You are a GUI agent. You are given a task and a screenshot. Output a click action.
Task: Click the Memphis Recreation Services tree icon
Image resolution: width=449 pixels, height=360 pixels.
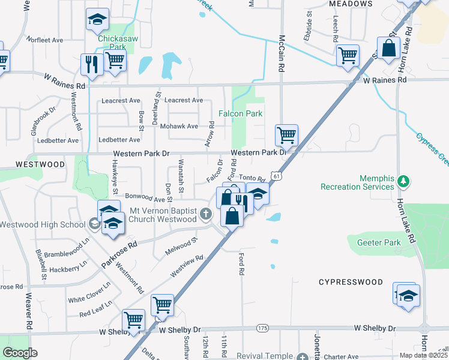pos(404,181)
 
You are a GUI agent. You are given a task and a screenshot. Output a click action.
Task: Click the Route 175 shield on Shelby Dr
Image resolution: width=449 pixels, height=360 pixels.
pos(262,328)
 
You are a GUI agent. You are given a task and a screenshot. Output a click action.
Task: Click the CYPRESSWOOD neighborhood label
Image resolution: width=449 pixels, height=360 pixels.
pos(351,281)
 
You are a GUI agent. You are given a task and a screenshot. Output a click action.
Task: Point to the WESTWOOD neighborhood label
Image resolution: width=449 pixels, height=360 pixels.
pos(40,164)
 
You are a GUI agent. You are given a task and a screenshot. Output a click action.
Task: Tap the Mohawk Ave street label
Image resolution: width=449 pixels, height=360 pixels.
pos(179,127)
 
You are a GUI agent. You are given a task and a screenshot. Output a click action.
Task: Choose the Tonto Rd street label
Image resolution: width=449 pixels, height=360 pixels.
pos(252,178)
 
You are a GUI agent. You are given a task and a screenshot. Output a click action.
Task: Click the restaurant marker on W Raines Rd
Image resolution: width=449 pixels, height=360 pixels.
pos(92,64)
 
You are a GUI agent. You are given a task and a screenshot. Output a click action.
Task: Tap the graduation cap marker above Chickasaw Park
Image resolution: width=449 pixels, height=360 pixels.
pos(97,19)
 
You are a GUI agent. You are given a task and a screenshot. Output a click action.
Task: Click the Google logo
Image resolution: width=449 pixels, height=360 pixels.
pos(19,353)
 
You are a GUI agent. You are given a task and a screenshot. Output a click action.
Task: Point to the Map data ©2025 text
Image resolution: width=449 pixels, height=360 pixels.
pos(423,355)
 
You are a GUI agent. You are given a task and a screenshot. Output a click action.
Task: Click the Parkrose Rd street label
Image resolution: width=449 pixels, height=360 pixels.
pos(119,254)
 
